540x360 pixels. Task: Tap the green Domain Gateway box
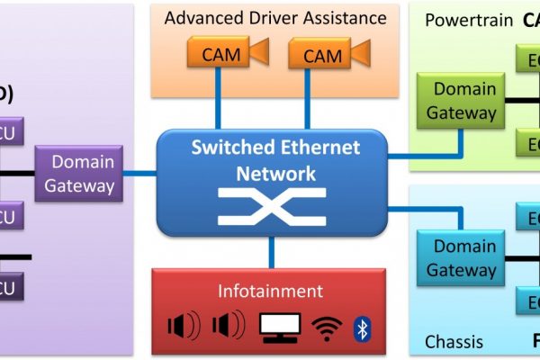click(x=460, y=101)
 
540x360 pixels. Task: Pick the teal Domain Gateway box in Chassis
click(x=460, y=257)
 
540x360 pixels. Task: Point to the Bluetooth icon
click(x=363, y=328)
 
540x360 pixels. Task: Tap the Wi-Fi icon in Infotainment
click(x=326, y=328)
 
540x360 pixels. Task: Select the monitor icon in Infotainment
click(x=280, y=328)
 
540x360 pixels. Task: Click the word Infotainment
click(x=270, y=291)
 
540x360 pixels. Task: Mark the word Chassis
click(x=453, y=342)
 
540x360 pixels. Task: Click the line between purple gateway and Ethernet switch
click(x=139, y=173)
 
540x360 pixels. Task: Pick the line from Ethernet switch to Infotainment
click(x=272, y=252)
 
